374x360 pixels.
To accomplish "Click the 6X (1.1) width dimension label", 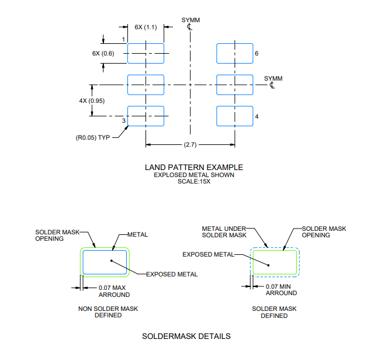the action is point(146,27).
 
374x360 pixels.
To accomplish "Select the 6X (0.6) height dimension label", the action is point(103,53).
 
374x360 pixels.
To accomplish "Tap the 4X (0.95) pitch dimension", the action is point(92,101).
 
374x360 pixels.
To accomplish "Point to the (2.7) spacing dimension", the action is point(190,144).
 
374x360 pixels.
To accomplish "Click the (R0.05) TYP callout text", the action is point(93,138).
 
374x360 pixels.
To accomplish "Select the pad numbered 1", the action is point(146,53).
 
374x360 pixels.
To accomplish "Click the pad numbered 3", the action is point(146,116).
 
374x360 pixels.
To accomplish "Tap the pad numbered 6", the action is point(235,53).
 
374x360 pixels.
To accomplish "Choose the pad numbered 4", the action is point(235,116).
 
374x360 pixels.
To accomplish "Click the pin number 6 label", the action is point(257,53).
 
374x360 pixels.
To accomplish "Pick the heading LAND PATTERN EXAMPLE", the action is point(194,167).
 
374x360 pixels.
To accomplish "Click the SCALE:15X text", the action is point(194,182).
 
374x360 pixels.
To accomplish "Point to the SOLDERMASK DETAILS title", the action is point(186,336).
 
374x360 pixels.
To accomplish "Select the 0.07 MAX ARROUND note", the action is point(115,291).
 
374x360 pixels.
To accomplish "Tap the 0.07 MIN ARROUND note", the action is point(282,290).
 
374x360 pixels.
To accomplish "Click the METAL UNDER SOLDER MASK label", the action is point(224,232).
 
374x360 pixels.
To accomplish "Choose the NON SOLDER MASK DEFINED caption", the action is point(108,312).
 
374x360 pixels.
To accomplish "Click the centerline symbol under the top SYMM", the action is point(189,27).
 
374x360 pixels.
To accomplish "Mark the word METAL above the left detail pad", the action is point(138,235).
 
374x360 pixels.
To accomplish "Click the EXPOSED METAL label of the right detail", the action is point(208,255).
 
